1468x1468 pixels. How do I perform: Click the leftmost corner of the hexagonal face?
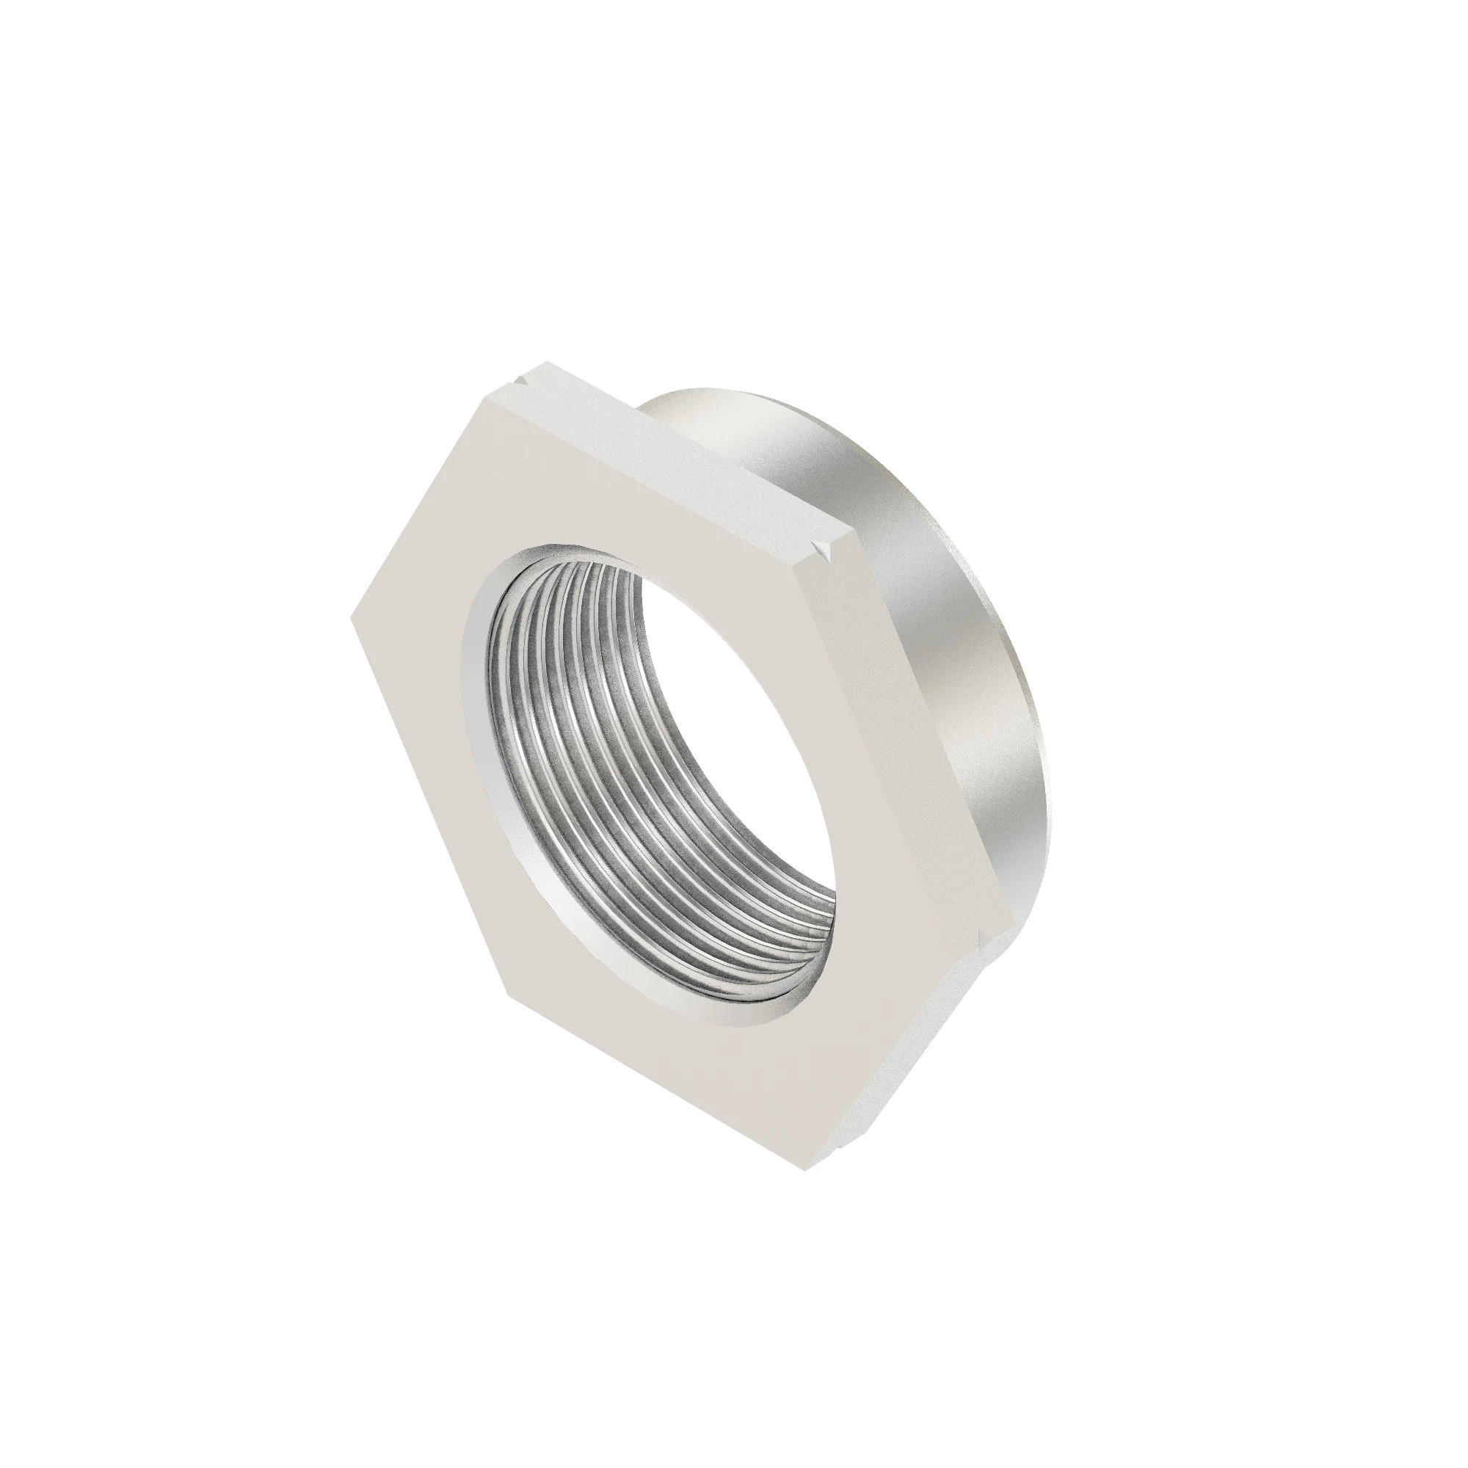pyautogui.click(x=352, y=617)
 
